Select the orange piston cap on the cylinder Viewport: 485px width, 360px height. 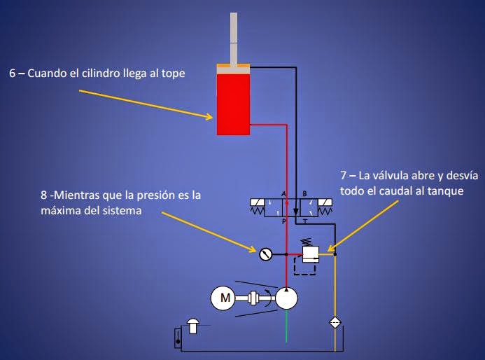233,67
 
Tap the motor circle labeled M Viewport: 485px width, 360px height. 225,298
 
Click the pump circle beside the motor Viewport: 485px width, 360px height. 286,298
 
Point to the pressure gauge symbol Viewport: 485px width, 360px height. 265,254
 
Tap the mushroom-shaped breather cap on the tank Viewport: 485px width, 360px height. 192,323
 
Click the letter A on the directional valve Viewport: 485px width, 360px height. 283,194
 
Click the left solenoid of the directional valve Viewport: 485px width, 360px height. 257,207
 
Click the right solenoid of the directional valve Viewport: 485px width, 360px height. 327,207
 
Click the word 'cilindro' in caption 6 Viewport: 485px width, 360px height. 105,72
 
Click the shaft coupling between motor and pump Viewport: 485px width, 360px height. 258,298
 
